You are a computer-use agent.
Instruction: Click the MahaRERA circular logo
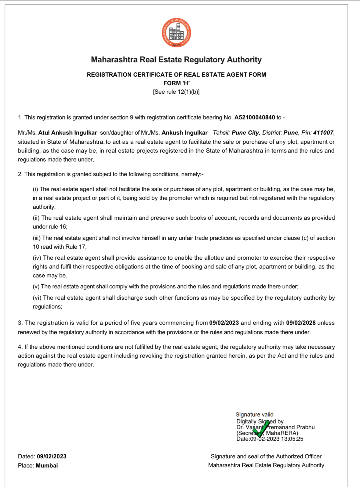tap(176, 33)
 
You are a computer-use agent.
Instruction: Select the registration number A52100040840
tap(254, 117)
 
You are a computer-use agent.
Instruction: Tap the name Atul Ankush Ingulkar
tap(67, 133)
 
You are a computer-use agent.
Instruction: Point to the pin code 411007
tap(323, 133)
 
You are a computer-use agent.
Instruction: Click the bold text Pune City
tap(245, 133)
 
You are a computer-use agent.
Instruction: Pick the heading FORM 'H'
tap(176, 83)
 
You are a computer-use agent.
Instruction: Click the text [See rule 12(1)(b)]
tap(176, 92)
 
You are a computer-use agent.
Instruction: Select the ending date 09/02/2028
tap(301, 323)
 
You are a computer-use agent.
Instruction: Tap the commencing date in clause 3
tap(224, 323)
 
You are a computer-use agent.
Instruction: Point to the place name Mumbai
tap(47, 466)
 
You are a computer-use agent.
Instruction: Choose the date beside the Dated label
tap(52, 456)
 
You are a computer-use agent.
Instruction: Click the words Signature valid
tap(254, 414)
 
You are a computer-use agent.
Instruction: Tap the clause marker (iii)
tap(37, 238)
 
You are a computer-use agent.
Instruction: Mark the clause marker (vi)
tap(37, 298)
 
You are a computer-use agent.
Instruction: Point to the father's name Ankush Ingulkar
tap(184, 133)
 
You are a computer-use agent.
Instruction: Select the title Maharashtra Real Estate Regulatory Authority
tap(176, 60)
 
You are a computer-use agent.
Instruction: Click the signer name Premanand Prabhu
tap(291, 427)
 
